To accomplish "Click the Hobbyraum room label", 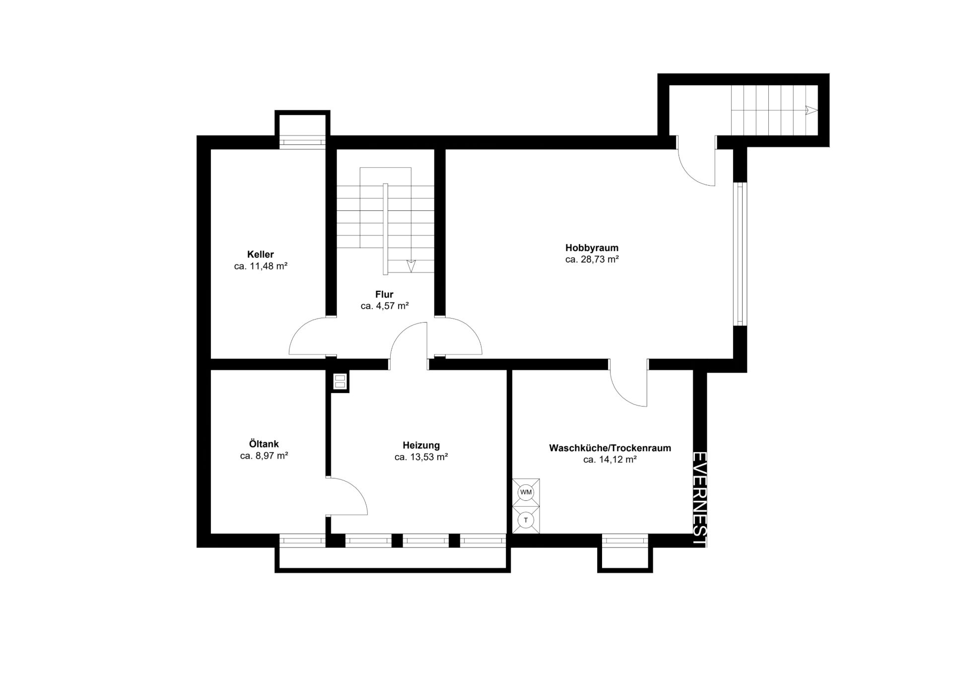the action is tap(592, 248).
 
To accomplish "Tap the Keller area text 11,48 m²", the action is tap(269, 266).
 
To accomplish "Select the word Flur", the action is tap(384, 294).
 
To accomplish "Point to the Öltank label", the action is tap(264, 444).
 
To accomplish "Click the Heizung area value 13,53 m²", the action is tap(428, 457).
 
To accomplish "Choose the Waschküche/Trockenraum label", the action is tap(610, 448).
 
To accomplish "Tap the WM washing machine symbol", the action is tap(526, 492).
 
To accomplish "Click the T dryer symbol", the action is tap(526, 520).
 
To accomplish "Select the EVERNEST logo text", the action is tap(700, 499).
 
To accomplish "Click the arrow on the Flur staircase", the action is tap(410, 266).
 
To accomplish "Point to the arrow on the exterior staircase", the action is tap(811, 110).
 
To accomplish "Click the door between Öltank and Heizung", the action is tap(347, 496).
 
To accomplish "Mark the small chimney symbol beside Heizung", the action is tap(340, 381).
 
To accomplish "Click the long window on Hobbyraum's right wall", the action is tap(740, 254).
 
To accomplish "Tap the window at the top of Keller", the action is tap(302, 142).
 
